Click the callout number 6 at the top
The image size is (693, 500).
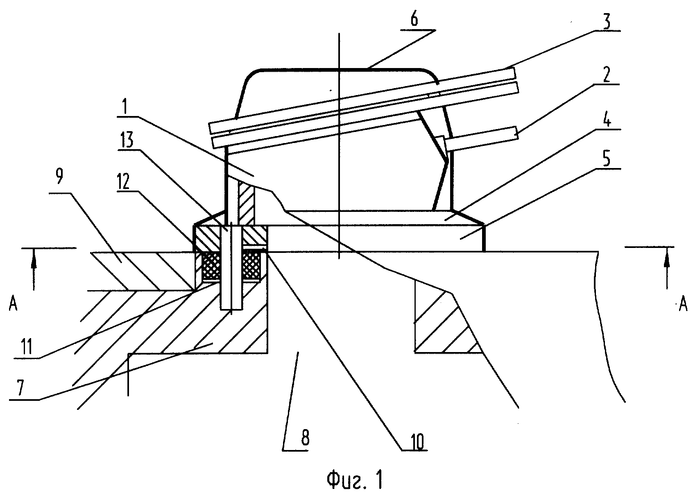414,19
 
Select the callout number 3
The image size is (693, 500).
607,22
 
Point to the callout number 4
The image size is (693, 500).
607,120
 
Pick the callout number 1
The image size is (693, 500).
125,107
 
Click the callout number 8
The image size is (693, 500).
305,439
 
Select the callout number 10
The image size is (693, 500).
417,442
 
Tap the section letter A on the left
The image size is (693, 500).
13,305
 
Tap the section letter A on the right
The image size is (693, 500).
683,305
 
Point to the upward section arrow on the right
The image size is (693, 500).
667,268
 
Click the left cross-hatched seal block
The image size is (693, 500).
211,265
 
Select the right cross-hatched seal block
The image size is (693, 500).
251,265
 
